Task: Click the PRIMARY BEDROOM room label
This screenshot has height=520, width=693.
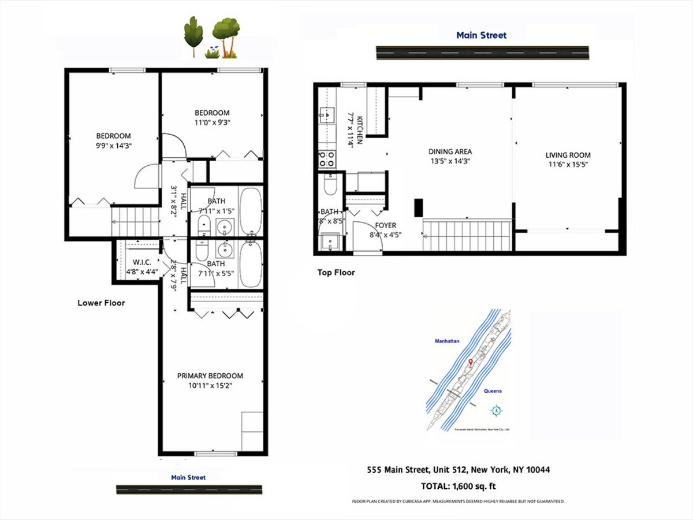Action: tap(210, 376)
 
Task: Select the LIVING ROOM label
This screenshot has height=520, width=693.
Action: tap(568, 155)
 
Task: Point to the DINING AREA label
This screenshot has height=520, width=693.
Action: tap(450, 152)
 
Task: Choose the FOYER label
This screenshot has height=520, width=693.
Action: tap(385, 225)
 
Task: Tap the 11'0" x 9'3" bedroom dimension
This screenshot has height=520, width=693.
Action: tap(212, 122)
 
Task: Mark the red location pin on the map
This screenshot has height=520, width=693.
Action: tap(471, 363)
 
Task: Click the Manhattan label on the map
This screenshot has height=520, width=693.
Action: tap(447, 341)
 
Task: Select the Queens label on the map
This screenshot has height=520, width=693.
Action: tap(493, 391)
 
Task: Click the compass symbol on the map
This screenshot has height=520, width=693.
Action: tap(496, 411)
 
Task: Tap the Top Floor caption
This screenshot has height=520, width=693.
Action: tap(336, 273)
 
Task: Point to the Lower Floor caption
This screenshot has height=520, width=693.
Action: tap(101, 303)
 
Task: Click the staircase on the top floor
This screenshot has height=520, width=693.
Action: tap(467, 235)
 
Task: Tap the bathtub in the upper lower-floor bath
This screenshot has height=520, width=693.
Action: tap(251, 211)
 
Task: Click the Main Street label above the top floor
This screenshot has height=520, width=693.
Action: tap(481, 35)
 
